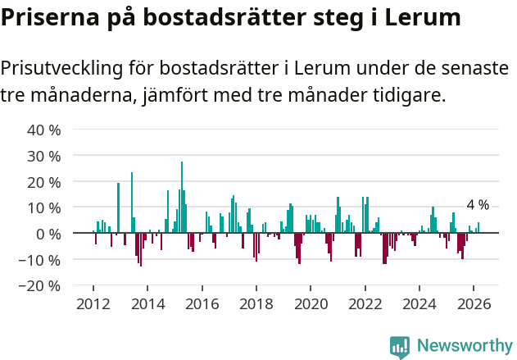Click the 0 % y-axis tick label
(x=47, y=235)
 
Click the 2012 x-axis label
(x=93, y=303)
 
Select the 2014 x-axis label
(x=147, y=303)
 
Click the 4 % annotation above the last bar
(x=478, y=205)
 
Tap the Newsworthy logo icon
(x=400, y=347)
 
